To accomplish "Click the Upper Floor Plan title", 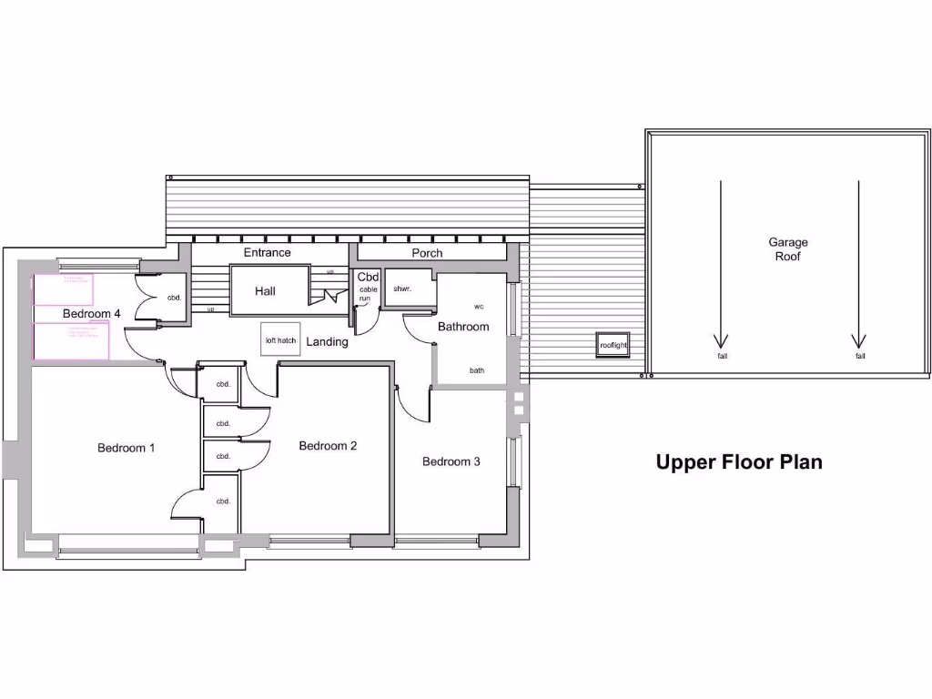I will pos(739,462).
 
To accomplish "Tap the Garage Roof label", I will pos(787,249).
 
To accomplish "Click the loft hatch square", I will pos(280,340).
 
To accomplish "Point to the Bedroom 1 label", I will pos(127,448).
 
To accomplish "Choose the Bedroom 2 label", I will pos(328,446).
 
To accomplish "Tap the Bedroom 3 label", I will pos(451,461).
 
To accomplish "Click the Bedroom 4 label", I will pos(91,314).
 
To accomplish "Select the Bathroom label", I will pos(463,327).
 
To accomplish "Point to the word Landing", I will pos(327,342).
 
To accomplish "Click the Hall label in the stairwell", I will pos(265,291).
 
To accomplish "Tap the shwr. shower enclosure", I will pos(402,289).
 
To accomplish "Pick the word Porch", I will pos(427,253).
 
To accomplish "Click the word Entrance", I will pos(267,252).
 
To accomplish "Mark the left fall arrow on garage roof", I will pos(721,264).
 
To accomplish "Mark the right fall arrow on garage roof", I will pos(858,264).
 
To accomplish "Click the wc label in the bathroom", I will pos(479,307).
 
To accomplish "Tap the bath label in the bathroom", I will pos(477,370).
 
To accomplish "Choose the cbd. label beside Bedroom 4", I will pos(173,298).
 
